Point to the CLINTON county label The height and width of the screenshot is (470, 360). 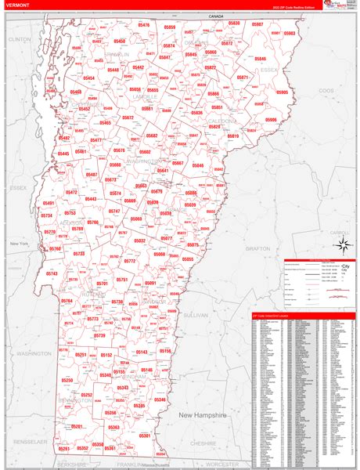pyautogui.click(x=19, y=38)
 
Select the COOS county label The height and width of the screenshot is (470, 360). pyautogui.click(x=326, y=91)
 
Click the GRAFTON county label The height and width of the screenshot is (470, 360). pyautogui.click(x=257, y=248)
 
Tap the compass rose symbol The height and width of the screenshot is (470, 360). pyautogui.click(x=342, y=245)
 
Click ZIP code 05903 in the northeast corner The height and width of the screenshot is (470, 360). pyautogui.click(x=290, y=34)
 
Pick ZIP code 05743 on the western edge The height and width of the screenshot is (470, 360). pyautogui.click(x=52, y=273)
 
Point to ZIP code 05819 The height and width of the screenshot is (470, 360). pyautogui.click(x=232, y=136)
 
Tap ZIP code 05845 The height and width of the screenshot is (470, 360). pyautogui.click(x=260, y=59)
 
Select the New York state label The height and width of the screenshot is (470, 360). pyautogui.click(x=19, y=244)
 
